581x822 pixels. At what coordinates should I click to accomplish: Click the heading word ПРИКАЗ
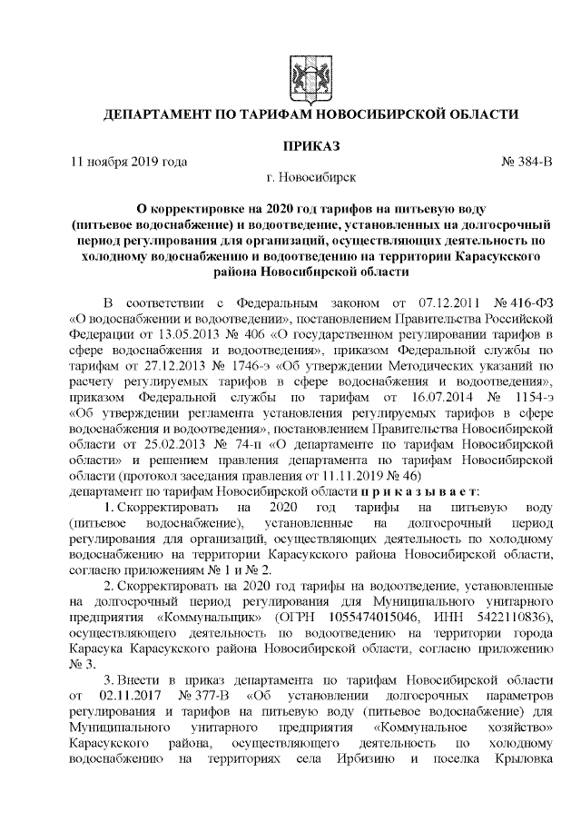(x=309, y=145)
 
